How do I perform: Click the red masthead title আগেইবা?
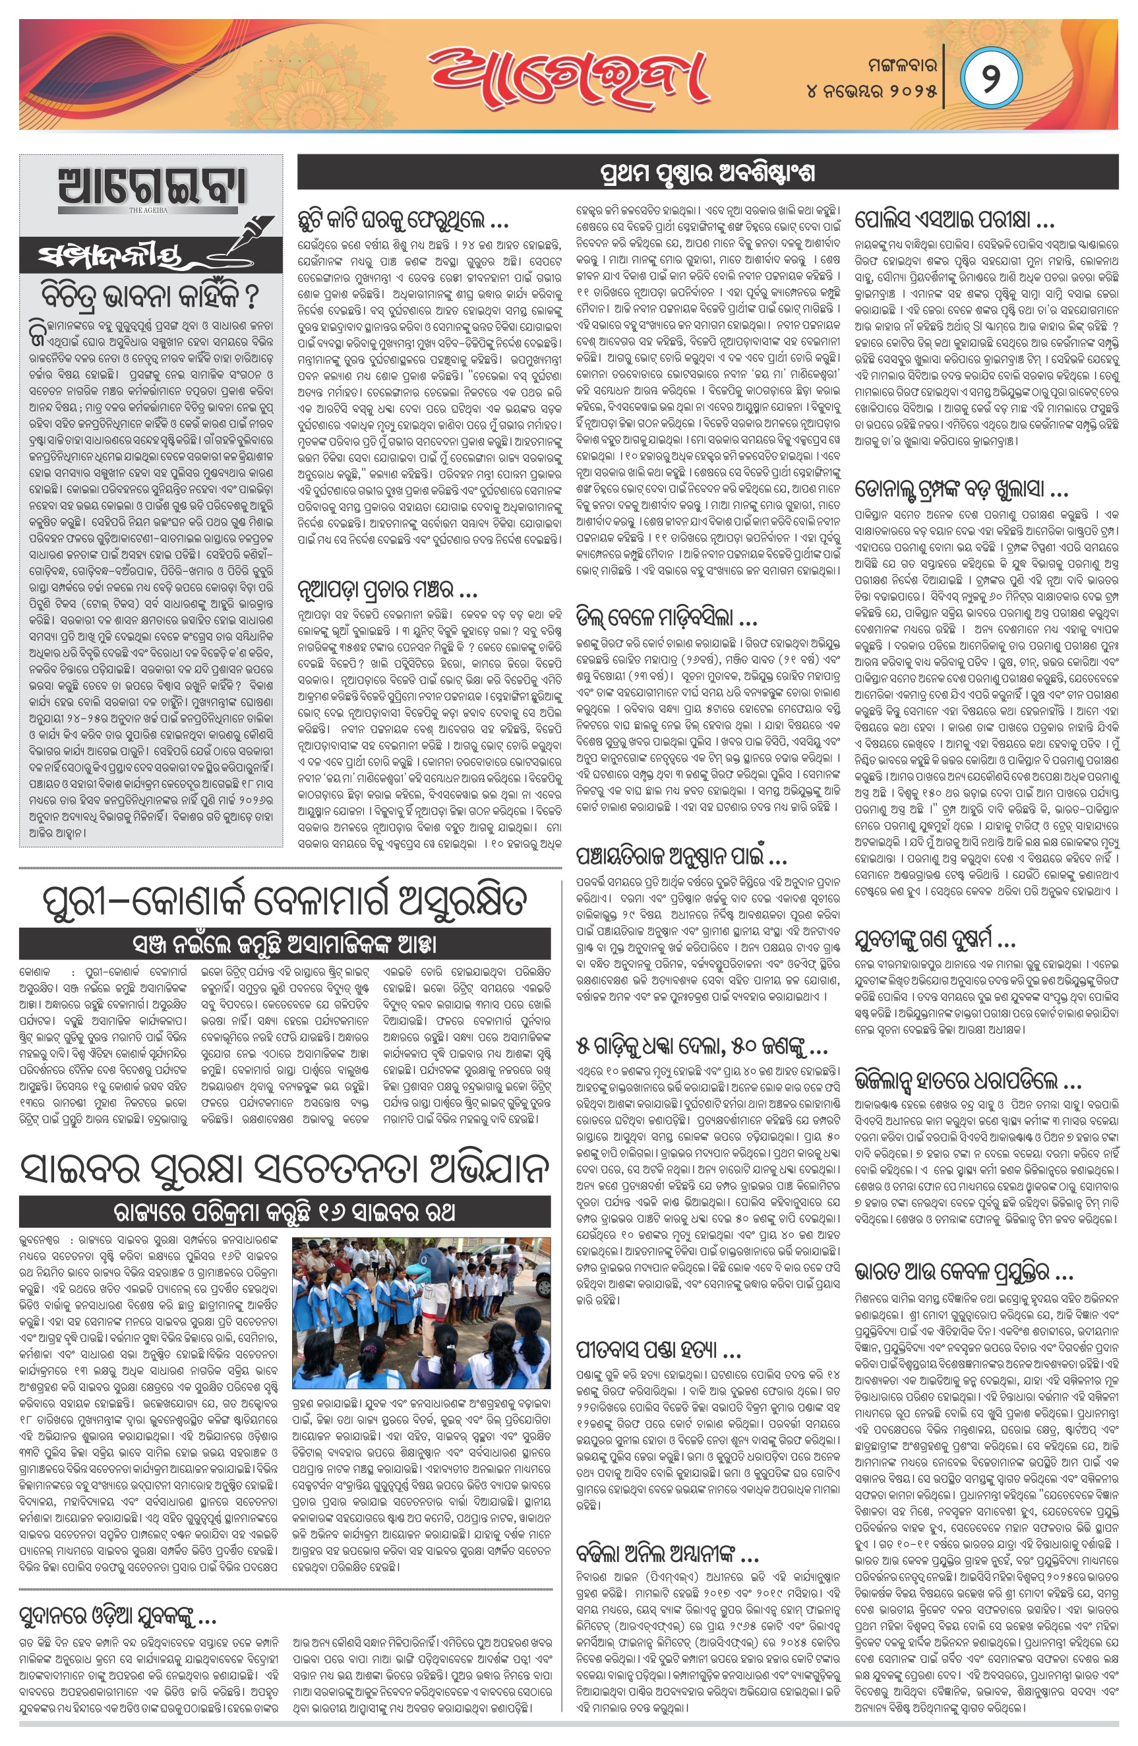point(568,75)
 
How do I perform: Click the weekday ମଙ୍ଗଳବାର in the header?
point(897,65)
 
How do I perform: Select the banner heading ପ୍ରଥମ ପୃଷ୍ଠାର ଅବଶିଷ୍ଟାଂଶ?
point(707,173)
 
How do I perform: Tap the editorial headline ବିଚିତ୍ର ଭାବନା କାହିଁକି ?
point(150,296)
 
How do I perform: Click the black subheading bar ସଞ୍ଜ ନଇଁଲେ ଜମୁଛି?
point(285,944)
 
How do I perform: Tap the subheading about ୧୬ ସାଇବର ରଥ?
point(285,1211)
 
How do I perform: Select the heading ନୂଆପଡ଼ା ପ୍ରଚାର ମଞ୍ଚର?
point(388,587)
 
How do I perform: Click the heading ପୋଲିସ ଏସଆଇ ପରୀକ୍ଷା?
point(954,220)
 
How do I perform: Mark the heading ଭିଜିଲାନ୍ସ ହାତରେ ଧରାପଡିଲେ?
point(967,1081)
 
